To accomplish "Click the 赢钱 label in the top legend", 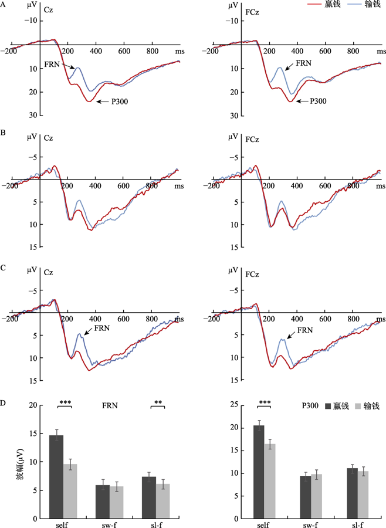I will (332, 5).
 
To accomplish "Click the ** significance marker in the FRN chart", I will (157, 402).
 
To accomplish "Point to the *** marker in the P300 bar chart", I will (265, 402).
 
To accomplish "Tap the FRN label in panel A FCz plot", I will (304, 63).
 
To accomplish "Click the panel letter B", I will (4, 133).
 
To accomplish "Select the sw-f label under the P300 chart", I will (311, 524).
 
